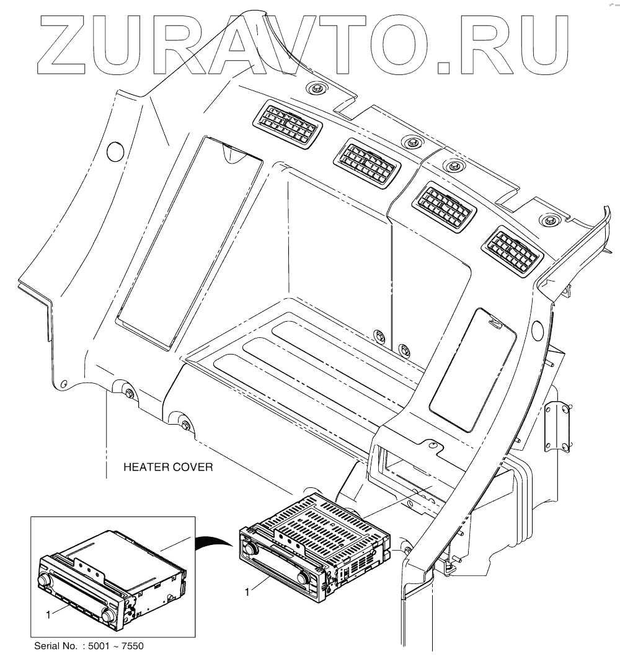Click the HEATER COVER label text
(x=168, y=467)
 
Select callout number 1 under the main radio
(x=247, y=592)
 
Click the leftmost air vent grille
(x=287, y=124)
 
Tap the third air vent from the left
(x=445, y=206)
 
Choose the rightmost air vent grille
(x=514, y=250)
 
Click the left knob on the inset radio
(x=45, y=580)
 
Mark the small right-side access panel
(x=473, y=370)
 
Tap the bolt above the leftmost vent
(x=317, y=88)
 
